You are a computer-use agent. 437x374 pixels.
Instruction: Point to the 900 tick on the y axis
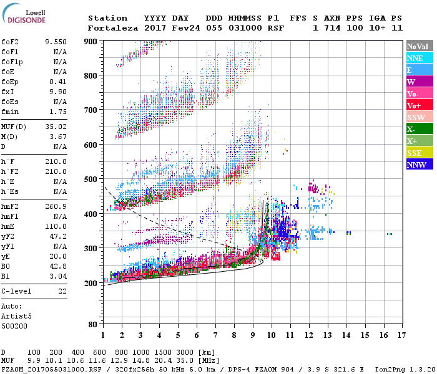[91, 41]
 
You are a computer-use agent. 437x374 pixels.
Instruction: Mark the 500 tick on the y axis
[91, 180]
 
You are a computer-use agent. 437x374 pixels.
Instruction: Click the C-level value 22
[62, 291]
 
